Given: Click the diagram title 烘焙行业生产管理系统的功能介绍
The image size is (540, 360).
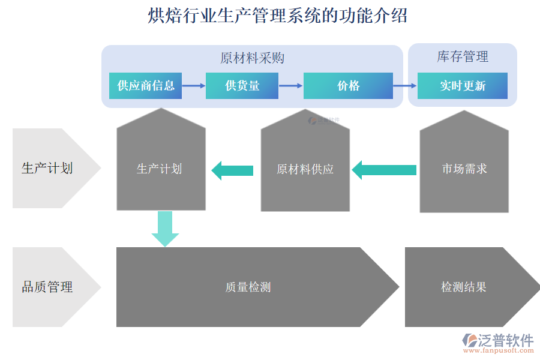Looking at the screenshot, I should point(277,16).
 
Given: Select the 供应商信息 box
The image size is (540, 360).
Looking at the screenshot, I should point(145,86).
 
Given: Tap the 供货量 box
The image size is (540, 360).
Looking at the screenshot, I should point(242,86).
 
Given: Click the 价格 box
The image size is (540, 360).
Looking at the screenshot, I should point(348,86).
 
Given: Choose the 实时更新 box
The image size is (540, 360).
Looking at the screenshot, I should point(462,86).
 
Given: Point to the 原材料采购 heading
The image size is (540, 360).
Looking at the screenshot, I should point(252,58).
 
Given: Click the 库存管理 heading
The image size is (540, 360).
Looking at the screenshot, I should point(462,57).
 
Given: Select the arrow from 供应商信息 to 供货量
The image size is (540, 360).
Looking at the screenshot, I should point(193,86).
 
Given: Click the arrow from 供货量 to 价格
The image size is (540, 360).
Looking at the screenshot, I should point(290,86).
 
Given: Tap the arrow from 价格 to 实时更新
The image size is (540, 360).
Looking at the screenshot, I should point(405,86).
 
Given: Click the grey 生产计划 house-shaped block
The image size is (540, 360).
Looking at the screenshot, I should point(161,169).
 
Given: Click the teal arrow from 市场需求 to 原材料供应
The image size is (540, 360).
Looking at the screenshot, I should point(384,170).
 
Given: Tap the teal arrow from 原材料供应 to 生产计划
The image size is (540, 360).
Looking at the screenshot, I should point(233,170).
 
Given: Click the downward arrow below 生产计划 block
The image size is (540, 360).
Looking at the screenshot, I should point(165,229).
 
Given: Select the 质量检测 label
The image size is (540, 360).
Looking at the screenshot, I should point(248,287).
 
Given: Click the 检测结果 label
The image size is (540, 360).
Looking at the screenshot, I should point(463,287).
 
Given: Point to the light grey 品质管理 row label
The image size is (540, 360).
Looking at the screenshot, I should point(48,287).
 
